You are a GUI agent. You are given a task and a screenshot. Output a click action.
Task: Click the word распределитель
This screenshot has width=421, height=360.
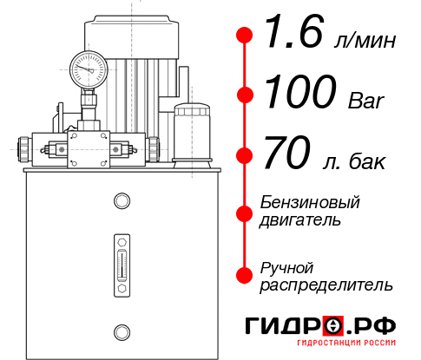click(327, 285)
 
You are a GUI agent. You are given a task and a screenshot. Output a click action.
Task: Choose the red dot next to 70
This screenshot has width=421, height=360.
click(245, 155)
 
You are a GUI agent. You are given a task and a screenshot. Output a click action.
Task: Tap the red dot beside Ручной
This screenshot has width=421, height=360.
click(245, 274)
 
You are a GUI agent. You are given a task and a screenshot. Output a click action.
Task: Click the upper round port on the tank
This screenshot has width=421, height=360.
click(121, 202)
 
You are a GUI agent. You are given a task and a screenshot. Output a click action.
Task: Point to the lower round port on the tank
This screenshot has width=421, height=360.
click(121, 331)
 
